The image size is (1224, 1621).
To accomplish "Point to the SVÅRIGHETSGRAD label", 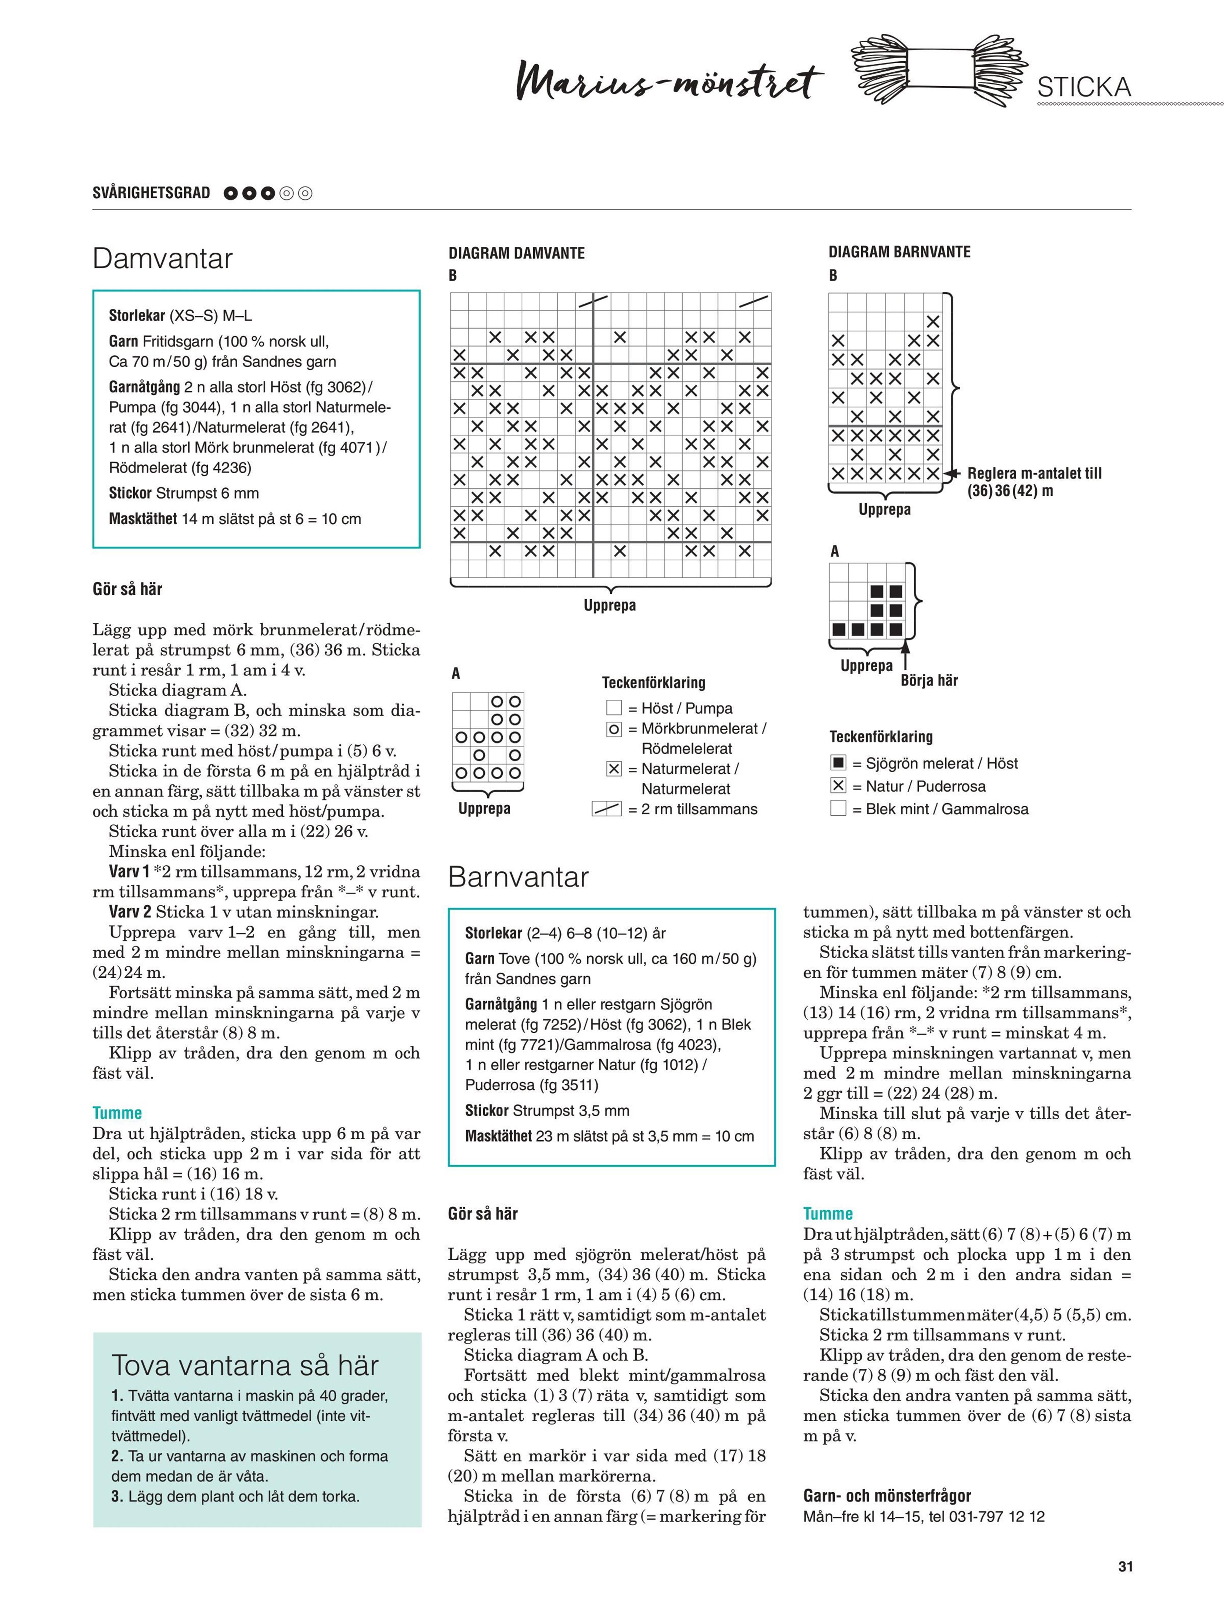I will coord(151,193).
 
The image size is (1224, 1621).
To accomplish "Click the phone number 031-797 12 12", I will coord(986,1516).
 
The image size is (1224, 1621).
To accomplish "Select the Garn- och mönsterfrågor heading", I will coord(887,1496).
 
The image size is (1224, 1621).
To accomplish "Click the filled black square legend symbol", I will coord(838,763).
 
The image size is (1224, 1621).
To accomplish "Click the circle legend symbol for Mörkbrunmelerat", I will coord(613,729).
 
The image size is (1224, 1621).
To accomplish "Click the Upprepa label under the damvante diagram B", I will coord(609,605).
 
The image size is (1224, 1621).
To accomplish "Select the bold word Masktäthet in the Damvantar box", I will coord(143,519).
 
